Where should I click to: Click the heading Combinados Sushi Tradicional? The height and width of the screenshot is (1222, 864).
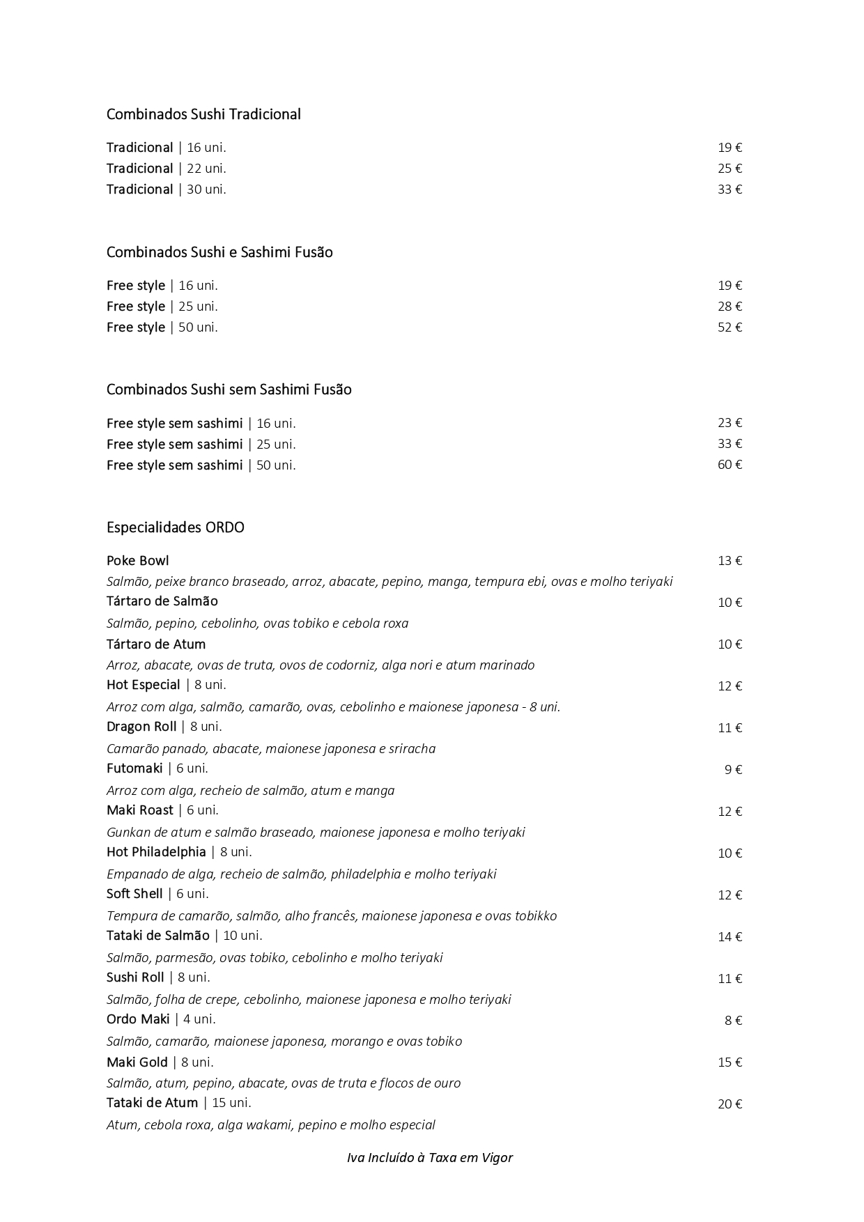pos(203,114)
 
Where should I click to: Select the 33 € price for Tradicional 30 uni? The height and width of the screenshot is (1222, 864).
pos(730,190)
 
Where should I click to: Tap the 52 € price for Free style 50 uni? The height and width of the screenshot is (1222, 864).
pos(730,327)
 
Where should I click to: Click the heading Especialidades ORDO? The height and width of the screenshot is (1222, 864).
pos(176,527)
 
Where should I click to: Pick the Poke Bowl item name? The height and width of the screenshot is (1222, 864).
pos(138,561)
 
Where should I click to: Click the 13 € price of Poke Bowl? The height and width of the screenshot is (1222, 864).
pos(730,561)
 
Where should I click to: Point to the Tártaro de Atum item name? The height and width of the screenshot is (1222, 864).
pos(156,644)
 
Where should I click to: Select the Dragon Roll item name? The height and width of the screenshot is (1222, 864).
pos(141,727)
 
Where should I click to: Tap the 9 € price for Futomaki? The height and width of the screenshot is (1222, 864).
pos(733,770)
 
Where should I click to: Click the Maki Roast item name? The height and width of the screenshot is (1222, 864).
pos(140,810)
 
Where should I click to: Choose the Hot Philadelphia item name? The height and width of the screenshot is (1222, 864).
pos(157,852)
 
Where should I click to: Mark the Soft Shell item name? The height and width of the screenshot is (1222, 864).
pos(134,894)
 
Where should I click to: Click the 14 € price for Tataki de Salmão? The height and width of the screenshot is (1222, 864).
pos(730,937)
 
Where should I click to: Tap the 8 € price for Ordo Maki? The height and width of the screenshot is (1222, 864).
pos(733,1021)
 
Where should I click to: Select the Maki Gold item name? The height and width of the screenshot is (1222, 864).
pos(137,1062)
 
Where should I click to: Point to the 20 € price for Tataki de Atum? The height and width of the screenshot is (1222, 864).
pos(730,1104)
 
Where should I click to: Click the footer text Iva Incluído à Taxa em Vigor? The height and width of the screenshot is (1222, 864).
pos(430,1158)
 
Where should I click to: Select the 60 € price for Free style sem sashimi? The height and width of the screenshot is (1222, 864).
pos(730,465)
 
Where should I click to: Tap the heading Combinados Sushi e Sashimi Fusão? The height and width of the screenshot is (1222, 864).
pos(219,252)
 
